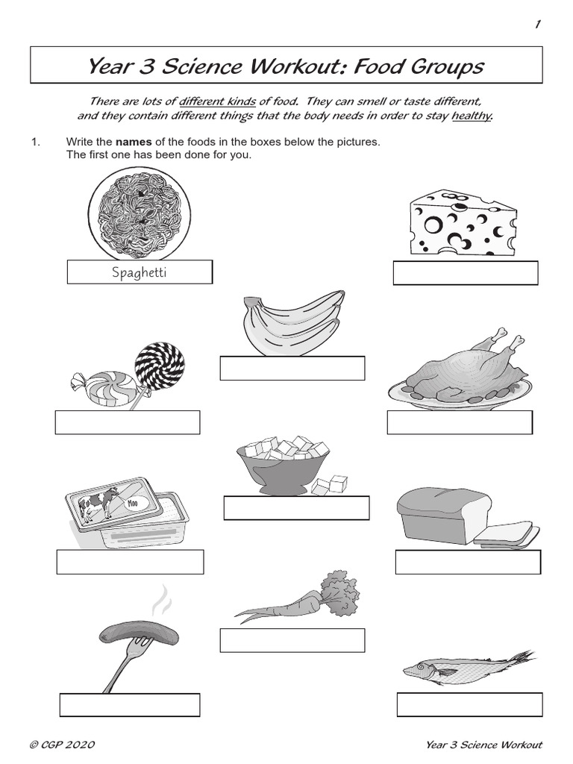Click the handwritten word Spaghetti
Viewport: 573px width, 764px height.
coord(140,272)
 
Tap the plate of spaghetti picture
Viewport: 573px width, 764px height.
coord(140,213)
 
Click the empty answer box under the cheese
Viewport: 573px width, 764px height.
coord(466,274)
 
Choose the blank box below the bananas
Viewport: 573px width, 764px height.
coord(292,369)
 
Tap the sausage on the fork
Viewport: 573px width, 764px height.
coord(138,637)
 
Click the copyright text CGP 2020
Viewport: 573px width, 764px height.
coord(63,745)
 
